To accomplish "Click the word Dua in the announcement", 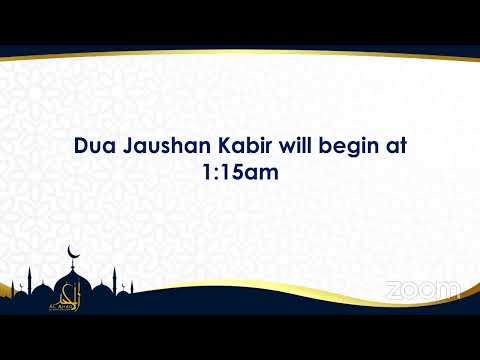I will (x=94, y=146).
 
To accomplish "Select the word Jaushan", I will (x=163, y=146).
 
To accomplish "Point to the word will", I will (x=299, y=146).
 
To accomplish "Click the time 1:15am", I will (x=239, y=172).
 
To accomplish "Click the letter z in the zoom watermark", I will (x=391, y=290).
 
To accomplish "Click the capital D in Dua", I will (x=81, y=146).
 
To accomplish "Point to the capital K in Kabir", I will (x=226, y=146).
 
